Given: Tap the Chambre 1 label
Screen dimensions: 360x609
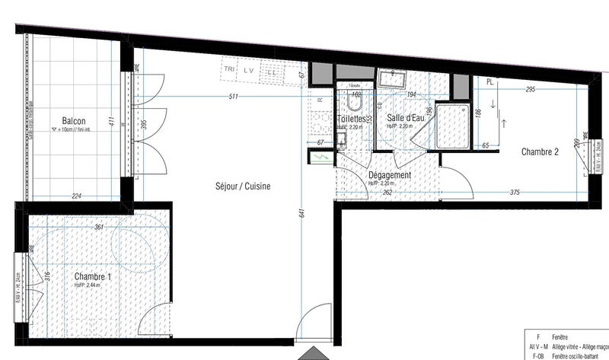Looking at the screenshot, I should click(93, 277).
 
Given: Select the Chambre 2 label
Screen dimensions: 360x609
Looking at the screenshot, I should click(540, 151).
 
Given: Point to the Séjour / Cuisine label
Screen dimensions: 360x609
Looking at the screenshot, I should click(243, 186).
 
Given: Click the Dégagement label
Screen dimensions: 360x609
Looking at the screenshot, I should click(389, 175).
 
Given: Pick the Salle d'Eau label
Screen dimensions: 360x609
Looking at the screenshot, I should click(405, 118).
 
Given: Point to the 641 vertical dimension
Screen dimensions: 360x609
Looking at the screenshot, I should click(302, 214).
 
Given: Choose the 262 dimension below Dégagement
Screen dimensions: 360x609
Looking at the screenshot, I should click(387, 193).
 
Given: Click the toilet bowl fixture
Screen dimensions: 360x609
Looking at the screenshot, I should click(353, 102).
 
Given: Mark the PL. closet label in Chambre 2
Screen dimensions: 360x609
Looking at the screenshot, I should click(491, 81).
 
